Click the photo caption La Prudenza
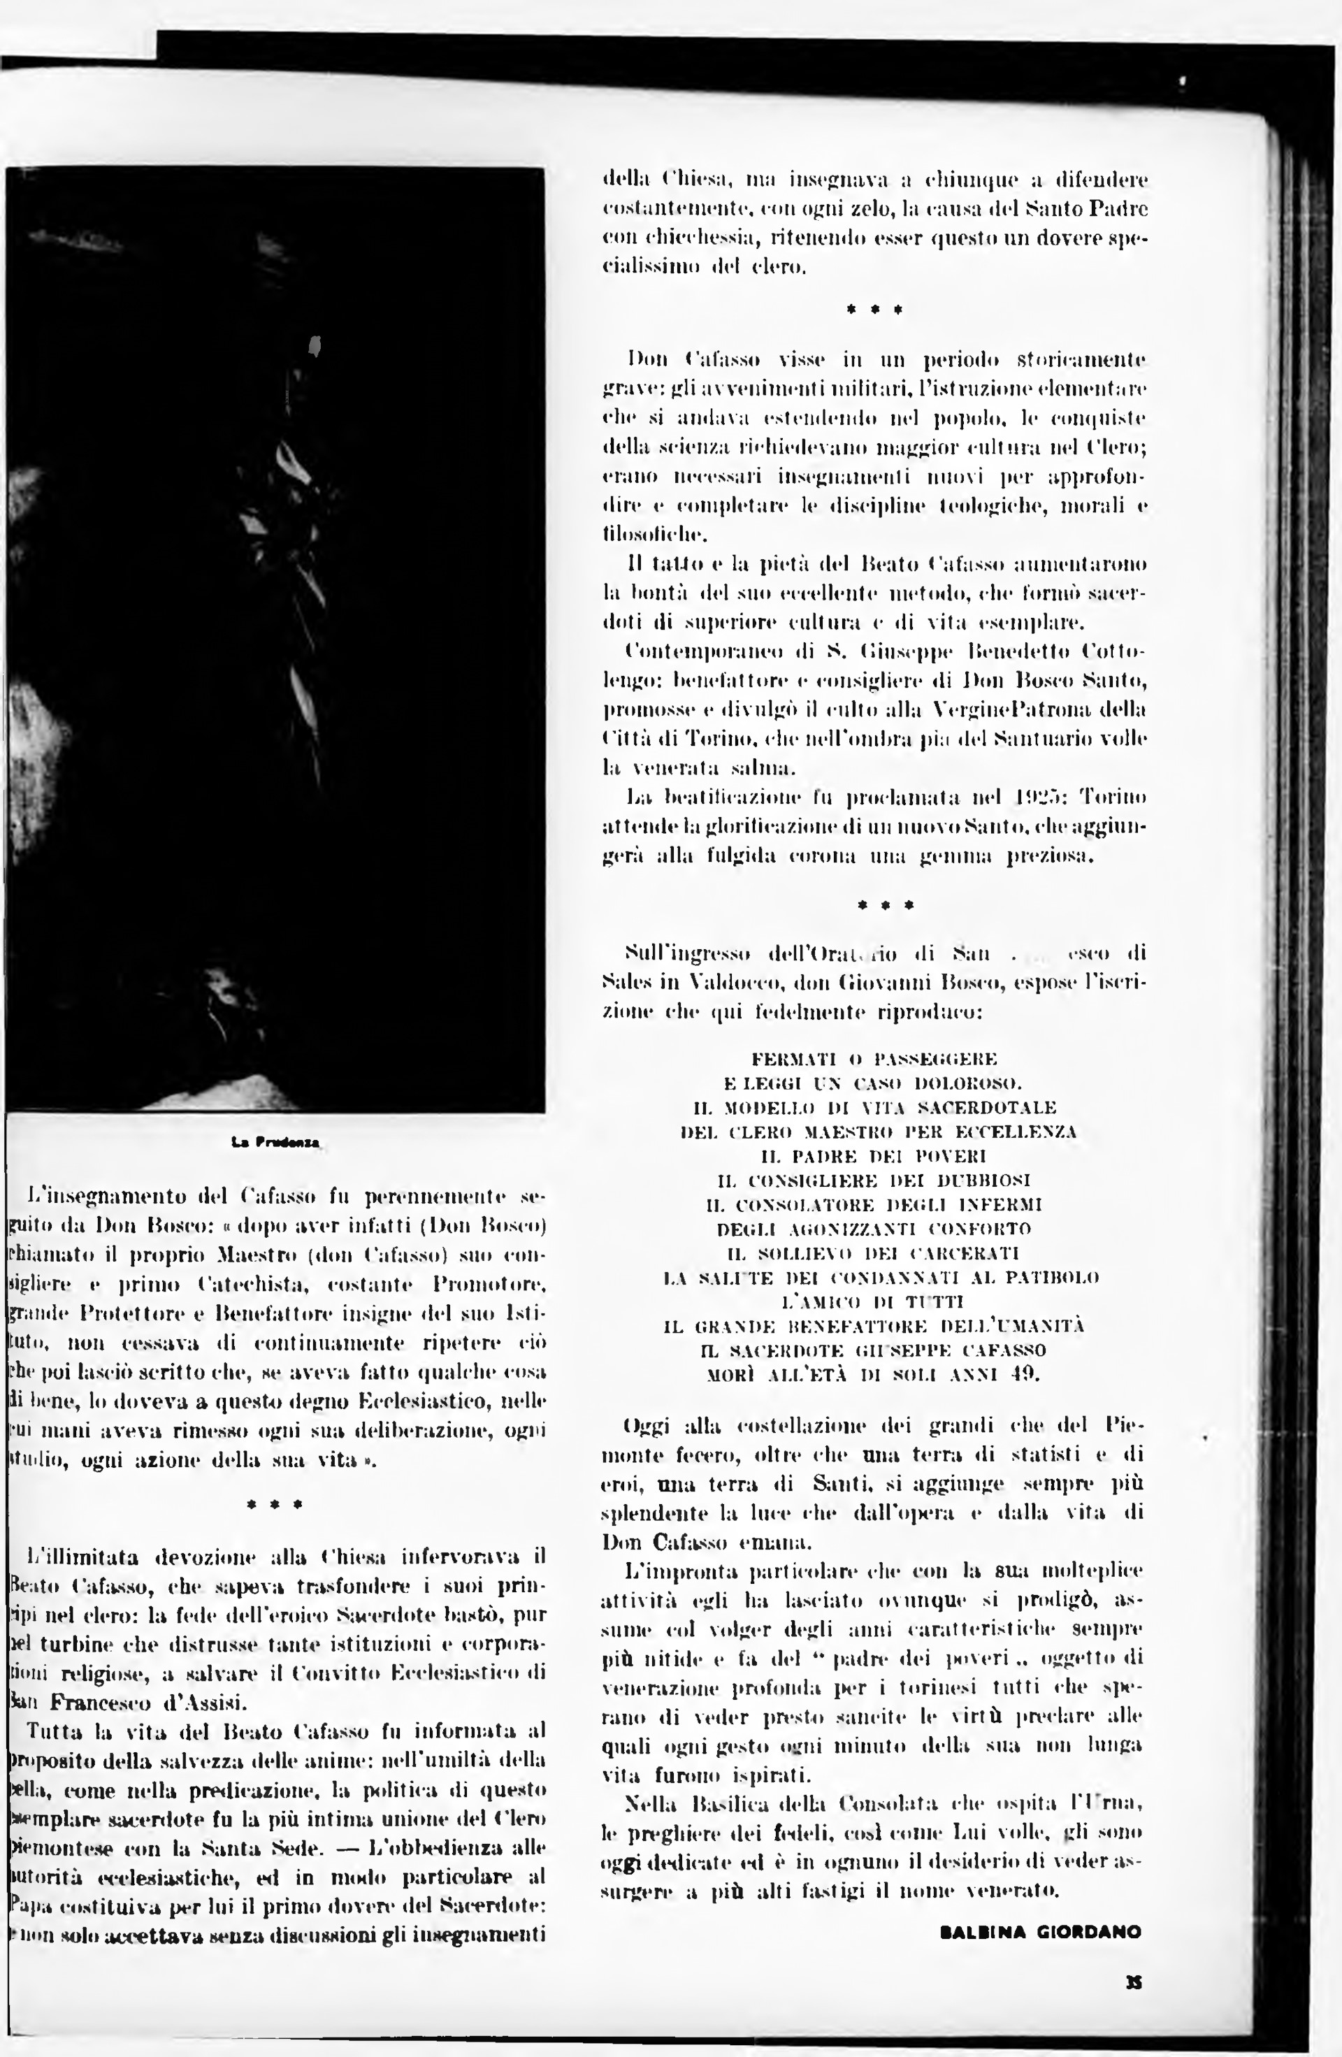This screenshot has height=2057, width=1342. (275, 1143)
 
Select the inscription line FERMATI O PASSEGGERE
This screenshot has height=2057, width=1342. (874, 1059)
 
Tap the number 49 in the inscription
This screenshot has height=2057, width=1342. (1026, 1374)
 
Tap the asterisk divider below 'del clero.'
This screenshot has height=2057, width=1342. (874, 308)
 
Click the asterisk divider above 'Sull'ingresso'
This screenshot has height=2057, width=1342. (885, 905)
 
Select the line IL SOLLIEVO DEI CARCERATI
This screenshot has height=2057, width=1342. (874, 1253)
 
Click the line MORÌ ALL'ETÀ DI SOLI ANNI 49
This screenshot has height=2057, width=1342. (874, 1374)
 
